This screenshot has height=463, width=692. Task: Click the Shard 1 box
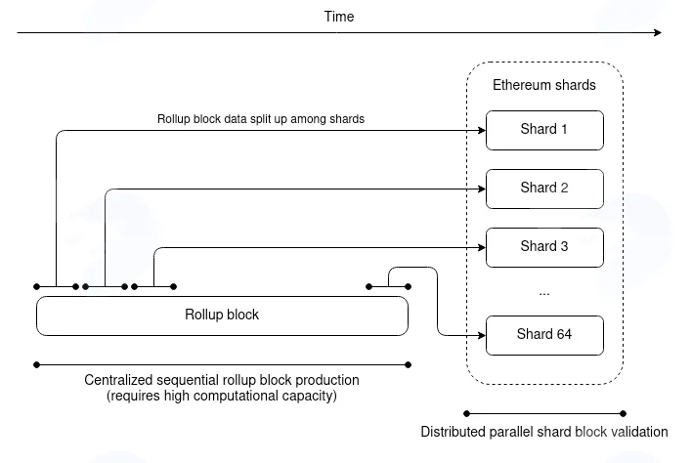544,131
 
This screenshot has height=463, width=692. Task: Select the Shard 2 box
544,189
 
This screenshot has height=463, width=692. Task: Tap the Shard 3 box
544,247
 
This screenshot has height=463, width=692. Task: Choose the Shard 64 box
544,335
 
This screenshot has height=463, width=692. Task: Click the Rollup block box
222,316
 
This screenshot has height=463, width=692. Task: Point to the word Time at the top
339,17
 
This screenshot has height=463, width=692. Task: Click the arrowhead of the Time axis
658,32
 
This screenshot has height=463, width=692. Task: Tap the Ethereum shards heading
544,85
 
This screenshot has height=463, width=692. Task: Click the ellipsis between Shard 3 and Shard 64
544,294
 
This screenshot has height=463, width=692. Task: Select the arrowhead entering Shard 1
482,131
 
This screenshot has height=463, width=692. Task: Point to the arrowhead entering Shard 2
482,189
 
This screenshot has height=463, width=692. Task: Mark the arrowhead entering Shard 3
482,247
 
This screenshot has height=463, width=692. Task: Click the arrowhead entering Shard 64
482,335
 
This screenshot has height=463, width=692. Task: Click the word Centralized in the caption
118,380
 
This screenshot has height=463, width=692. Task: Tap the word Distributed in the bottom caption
454,431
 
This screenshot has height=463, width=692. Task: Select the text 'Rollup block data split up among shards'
261,119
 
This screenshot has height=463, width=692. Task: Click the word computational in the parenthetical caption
236,396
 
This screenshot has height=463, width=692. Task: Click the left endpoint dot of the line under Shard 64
467,413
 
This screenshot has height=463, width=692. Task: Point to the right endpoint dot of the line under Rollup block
409,364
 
